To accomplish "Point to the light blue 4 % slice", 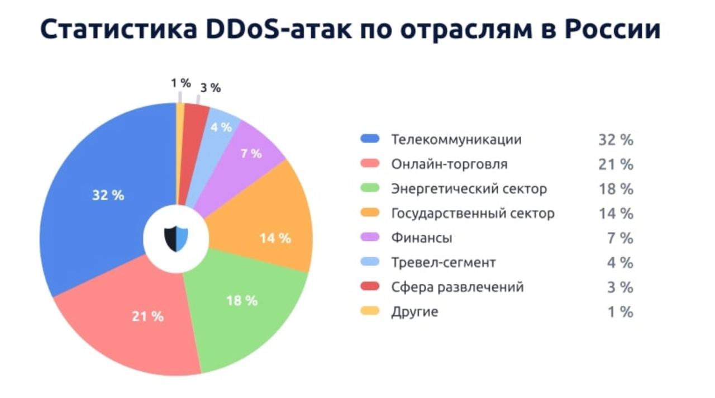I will [221, 129].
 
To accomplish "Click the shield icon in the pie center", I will [176, 239].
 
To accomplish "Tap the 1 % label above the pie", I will [181, 83].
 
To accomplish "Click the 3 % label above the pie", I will [211, 88].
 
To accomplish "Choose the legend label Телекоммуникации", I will [456, 139].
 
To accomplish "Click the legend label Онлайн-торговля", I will [449, 164].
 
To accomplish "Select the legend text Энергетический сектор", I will [469, 189].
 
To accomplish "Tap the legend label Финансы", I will [422, 238].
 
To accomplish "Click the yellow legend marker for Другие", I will [370, 311].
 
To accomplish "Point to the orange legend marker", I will [370, 213].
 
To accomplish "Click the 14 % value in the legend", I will [616, 214].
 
